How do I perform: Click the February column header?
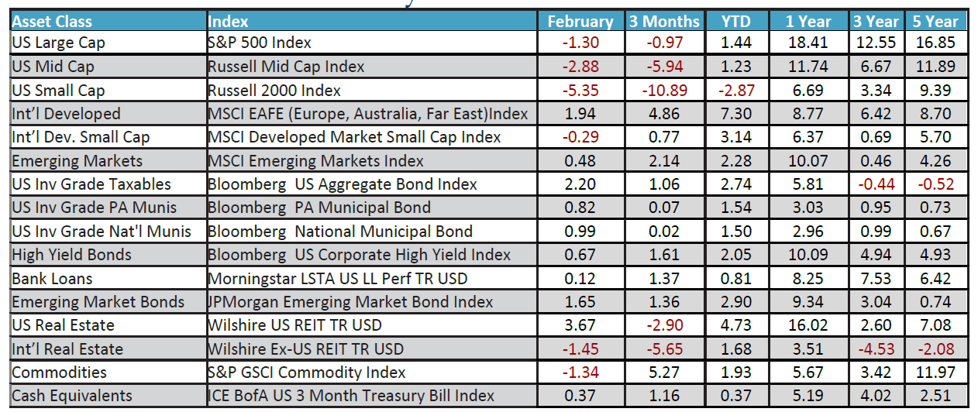pyautogui.click(x=580, y=21)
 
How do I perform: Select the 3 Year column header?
pyautogui.click(x=878, y=21)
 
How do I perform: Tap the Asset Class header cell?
pyautogui.click(x=52, y=21)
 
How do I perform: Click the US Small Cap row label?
pyautogui.click(x=58, y=90)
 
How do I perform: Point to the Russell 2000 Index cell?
pyautogui.click(x=274, y=90)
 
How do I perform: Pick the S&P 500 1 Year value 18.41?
pyautogui.click(x=808, y=43)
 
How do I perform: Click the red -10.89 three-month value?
pyautogui.click(x=664, y=90)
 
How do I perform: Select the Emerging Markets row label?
pyautogui.click(x=77, y=160)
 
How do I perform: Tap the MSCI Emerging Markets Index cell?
pyautogui.click(x=316, y=160)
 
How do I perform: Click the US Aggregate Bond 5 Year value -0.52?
pyautogui.click(x=936, y=184)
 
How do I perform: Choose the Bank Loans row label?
pyautogui.click(x=52, y=278)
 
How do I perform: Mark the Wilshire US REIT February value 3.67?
pyautogui.click(x=580, y=325)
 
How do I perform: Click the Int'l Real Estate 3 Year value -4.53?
pyautogui.click(x=878, y=348)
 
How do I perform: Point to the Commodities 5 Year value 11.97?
pyautogui.click(x=936, y=373)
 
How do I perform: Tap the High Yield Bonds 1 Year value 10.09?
pyautogui.click(x=808, y=255)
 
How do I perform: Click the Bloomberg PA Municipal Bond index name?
pyautogui.click(x=319, y=208)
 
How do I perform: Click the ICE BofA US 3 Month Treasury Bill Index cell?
pyautogui.click(x=351, y=396)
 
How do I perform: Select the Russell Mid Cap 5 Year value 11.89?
pyautogui.click(x=936, y=67)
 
